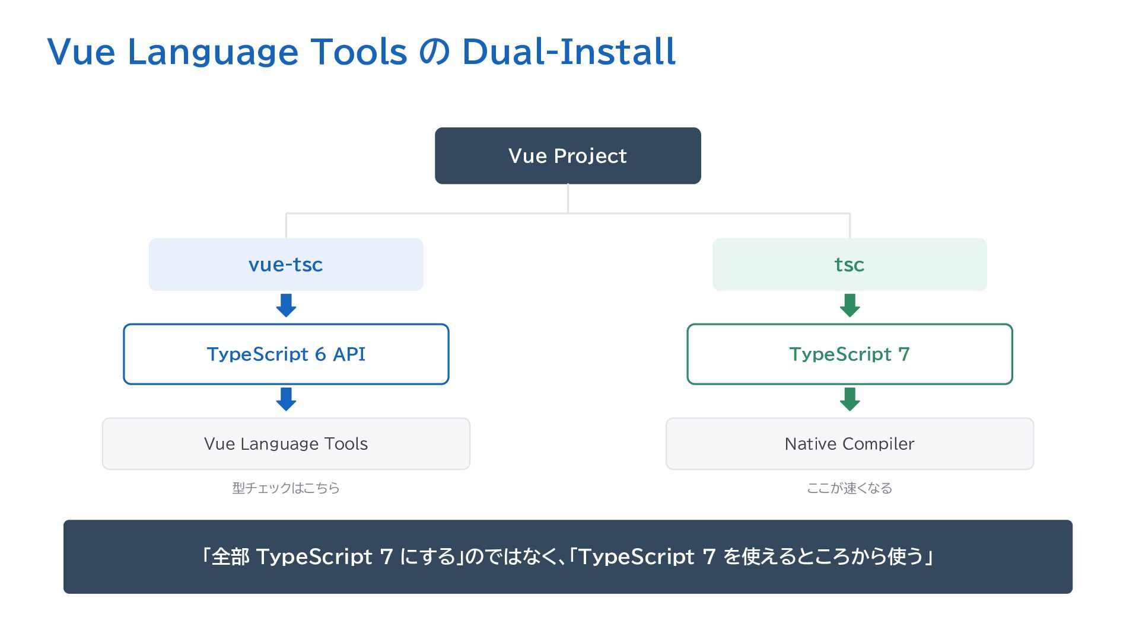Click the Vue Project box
pyautogui.click(x=568, y=156)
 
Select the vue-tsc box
pyautogui.click(x=286, y=264)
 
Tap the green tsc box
pyautogui.click(x=850, y=264)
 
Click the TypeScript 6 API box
pyautogui.click(x=286, y=354)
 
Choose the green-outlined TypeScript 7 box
pyautogui.click(x=850, y=354)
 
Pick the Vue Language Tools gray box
pyautogui.click(x=286, y=444)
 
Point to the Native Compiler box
pyautogui.click(x=850, y=444)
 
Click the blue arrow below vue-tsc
pyautogui.click(x=286, y=306)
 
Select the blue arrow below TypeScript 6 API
pyautogui.click(x=286, y=399)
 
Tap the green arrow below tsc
pyautogui.click(x=850, y=306)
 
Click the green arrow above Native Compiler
pyautogui.click(x=850, y=399)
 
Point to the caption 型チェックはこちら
pyautogui.click(x=286, y=488)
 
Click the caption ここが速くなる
pyautogui.click(x=850, y=488)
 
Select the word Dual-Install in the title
pyautogui.click(x=569, y=52)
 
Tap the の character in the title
pyautogui.click(x=434, y=52)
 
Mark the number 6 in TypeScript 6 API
pyautogui.click(x=320, y=354)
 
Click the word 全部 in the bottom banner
pyautogui.click(x=230, y=557)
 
